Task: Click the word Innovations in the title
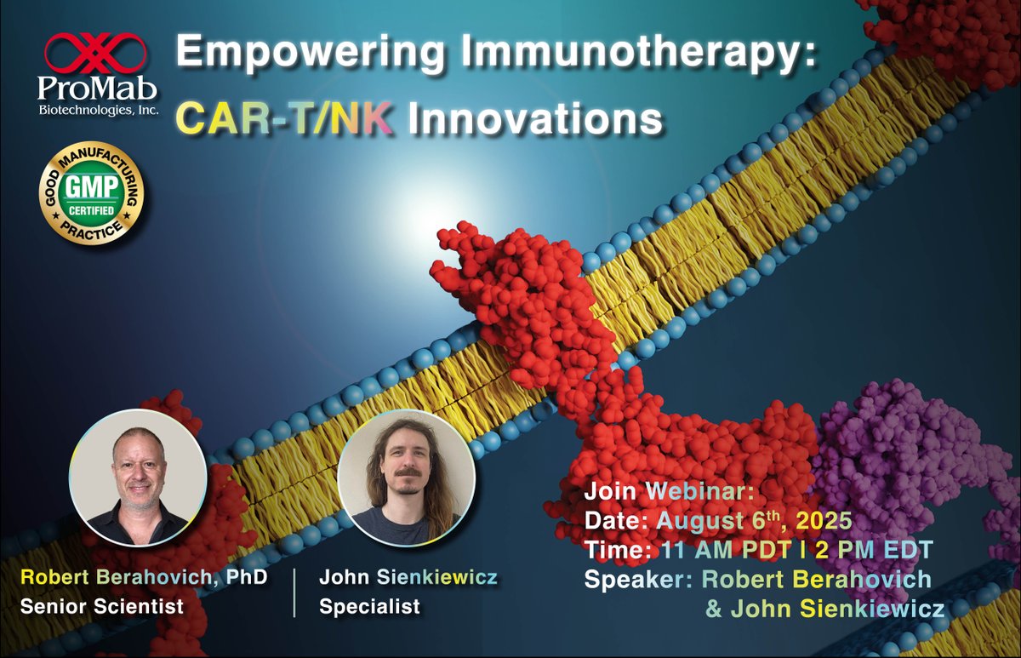coord(533,118)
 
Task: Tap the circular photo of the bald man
coord(138,481)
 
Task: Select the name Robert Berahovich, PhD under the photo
coord(144,578)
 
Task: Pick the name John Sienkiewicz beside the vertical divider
coord(408,578)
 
